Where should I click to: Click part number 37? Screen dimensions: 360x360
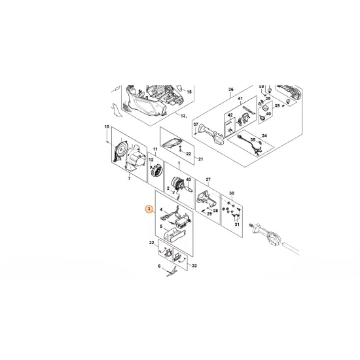pos(195,124)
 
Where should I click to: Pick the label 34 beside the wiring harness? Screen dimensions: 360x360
pos(264,136)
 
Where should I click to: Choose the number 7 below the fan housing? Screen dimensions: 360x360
pos(129,177)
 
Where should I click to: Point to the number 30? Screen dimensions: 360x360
pos(230,193)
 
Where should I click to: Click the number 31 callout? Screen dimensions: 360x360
pos(238,225)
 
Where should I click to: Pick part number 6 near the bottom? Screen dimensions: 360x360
pos(158,266)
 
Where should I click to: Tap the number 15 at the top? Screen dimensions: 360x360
pos(190,93)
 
